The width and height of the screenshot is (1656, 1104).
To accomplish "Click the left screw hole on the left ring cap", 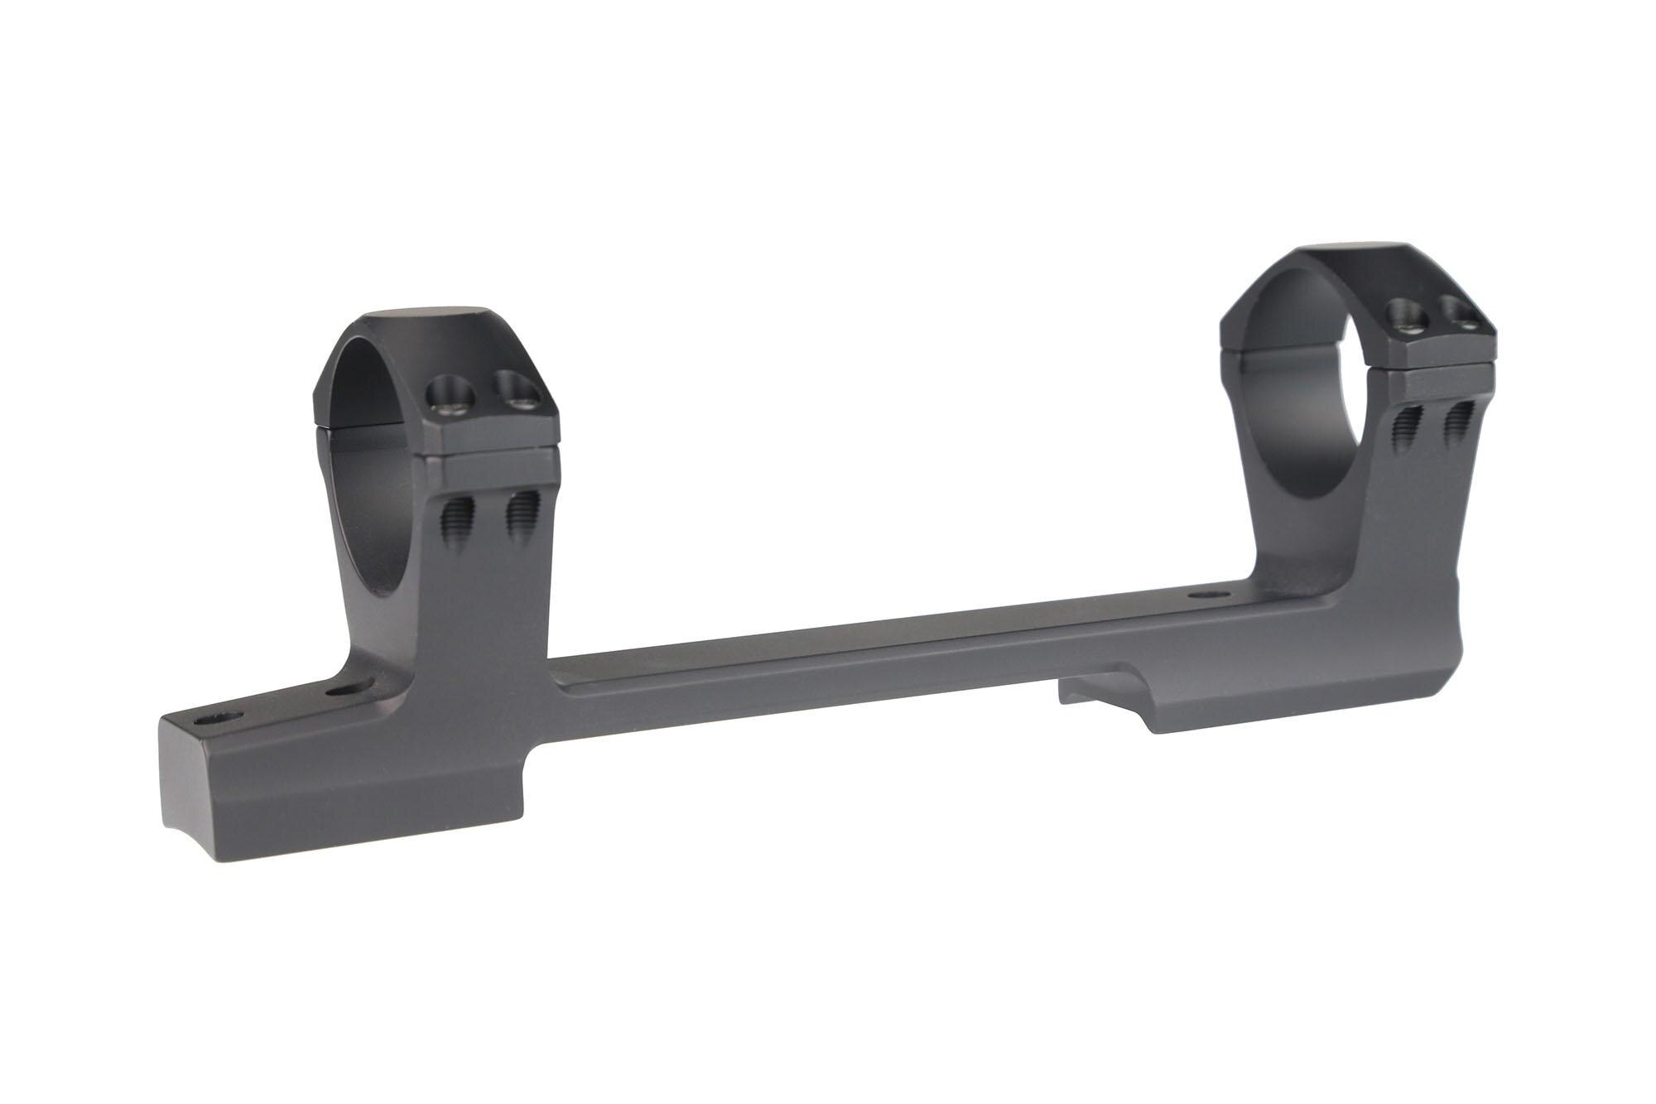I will tap(445, 388).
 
